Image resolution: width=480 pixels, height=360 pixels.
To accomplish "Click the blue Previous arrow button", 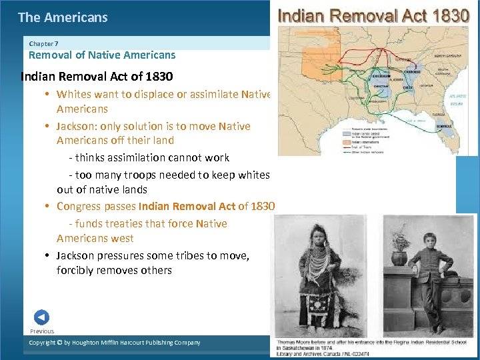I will coord(41,317).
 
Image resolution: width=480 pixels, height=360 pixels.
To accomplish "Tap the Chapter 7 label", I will coord(43,43).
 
